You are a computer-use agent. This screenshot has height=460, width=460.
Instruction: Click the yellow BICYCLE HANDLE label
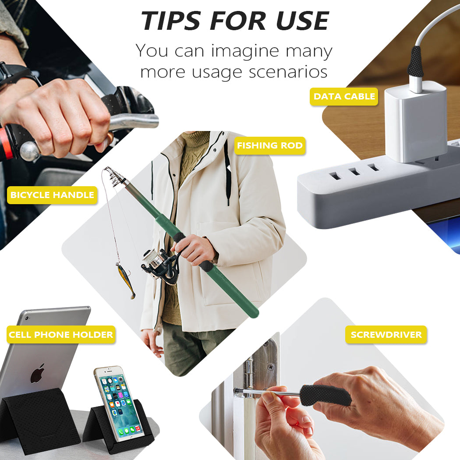point(52,195)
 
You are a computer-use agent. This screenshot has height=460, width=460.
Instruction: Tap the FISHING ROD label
point(270,145)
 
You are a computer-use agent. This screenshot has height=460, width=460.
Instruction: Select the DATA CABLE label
point(344,96)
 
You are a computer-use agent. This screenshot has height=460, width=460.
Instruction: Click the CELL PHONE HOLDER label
point(61,334)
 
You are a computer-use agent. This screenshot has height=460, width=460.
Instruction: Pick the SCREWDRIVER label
point(386,334)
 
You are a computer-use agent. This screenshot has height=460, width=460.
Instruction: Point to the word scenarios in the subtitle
point(288,72)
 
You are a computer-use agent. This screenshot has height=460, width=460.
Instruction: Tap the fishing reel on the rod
point(160,265)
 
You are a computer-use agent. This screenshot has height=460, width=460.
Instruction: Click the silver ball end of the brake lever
point(30,152)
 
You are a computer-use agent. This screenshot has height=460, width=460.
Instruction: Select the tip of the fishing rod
point(106,168)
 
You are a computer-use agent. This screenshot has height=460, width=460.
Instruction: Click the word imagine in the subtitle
point(245,52)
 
